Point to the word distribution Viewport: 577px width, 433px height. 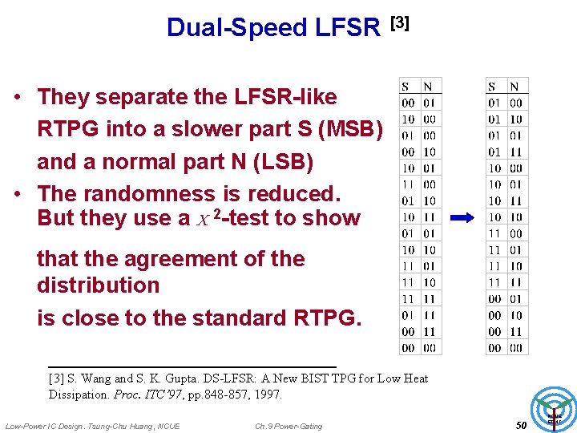click(99, 285)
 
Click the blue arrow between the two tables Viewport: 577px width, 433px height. click(462, 216)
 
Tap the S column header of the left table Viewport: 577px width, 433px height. click(406, 87)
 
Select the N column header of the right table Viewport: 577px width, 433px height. click(514, 87)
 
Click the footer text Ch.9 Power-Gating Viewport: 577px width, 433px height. click(288, 426)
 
